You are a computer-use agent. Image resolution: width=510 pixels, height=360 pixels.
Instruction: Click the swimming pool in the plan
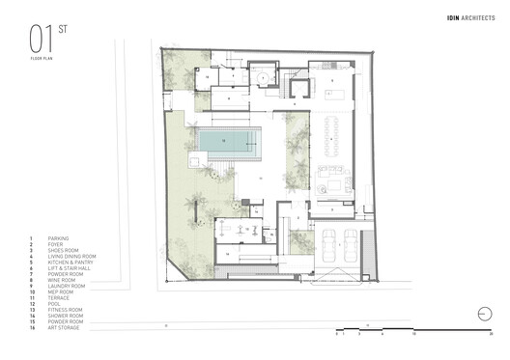(230, 143)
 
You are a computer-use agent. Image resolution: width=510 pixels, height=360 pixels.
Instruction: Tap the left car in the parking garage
(325, 248)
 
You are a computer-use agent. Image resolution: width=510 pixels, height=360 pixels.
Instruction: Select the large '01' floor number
(40, 42)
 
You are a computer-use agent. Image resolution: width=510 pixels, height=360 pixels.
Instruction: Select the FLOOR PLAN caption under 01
(41, 60)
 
